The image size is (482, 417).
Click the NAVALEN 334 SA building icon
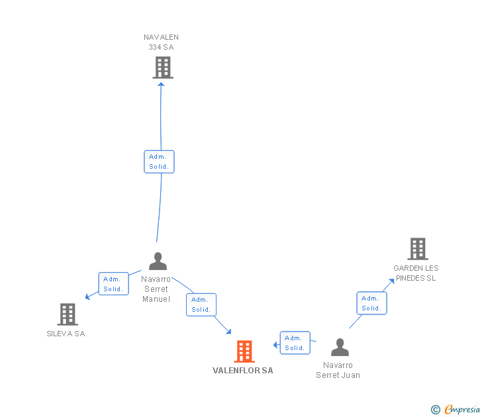163,68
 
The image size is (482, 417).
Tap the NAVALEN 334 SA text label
162,42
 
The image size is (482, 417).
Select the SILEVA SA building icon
68,314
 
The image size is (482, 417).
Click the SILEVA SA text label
66,334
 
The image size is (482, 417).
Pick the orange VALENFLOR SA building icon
244,351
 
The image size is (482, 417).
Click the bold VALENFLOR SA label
242,371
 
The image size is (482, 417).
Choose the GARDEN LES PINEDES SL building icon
417,249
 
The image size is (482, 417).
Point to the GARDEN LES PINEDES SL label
416,273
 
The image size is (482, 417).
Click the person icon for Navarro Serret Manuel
158,261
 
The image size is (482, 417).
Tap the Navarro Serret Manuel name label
156,289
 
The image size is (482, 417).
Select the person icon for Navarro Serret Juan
340,347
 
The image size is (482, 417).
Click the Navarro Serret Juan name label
338,370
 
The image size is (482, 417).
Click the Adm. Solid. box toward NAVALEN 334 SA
159,162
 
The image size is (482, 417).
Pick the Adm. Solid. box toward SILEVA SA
113,284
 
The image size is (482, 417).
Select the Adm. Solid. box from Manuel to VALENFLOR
201,304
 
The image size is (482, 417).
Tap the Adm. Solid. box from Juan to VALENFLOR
295,343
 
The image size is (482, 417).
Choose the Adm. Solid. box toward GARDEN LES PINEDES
371,303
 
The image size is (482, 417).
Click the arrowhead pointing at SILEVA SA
87,297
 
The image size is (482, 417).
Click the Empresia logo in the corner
456,410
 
